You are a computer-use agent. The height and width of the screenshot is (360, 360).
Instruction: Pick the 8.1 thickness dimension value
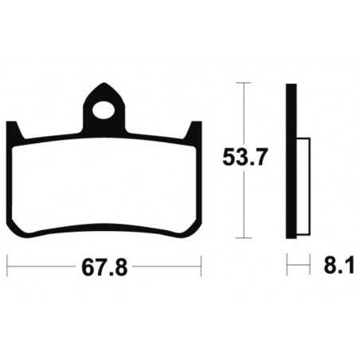[335, 264]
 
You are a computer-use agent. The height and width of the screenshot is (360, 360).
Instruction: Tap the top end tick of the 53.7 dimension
[244, 83]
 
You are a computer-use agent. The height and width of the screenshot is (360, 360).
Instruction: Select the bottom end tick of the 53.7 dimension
[244, 237]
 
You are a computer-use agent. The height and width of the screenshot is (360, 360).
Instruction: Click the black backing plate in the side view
[292, 159]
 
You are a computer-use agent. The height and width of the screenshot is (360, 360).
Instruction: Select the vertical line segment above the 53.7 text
[244, 112]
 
